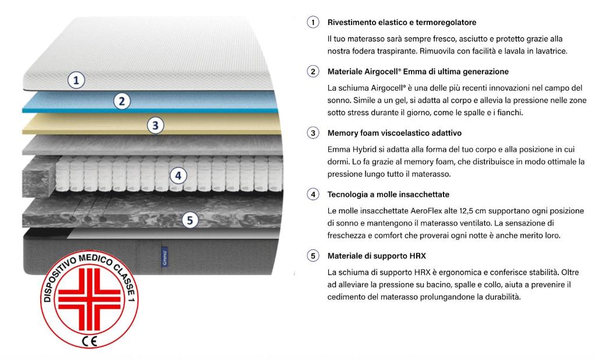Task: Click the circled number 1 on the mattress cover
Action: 76,80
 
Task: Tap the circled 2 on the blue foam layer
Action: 121,101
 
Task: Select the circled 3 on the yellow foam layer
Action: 155,124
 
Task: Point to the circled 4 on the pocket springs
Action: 179,175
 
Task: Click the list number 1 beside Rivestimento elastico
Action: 313,23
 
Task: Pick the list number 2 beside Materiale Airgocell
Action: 313,72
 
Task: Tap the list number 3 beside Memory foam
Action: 313,133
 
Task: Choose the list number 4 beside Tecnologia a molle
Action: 313,194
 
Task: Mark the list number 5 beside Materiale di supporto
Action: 313,256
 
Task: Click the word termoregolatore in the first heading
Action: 445,23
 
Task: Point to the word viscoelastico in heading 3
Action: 410,133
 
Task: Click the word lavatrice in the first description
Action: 548,51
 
